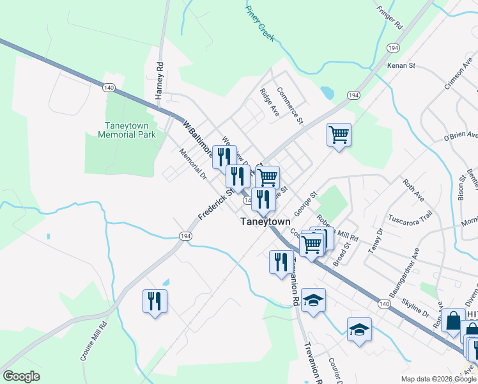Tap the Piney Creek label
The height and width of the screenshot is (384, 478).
(x=260, y=24)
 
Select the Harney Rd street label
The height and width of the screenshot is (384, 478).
(x=160, y=80)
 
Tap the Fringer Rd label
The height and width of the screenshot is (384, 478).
(x=389, y=17)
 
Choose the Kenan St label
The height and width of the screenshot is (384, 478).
(x=401, y=66)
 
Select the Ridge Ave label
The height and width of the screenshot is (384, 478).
(x=270, y=101)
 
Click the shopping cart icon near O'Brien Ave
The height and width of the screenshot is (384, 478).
(x=339, y=134)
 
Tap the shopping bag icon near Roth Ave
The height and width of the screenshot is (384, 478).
(x=452, y=320)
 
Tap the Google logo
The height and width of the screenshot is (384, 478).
(x=21, y=376)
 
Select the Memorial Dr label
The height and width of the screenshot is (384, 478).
(x=194, y=164)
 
